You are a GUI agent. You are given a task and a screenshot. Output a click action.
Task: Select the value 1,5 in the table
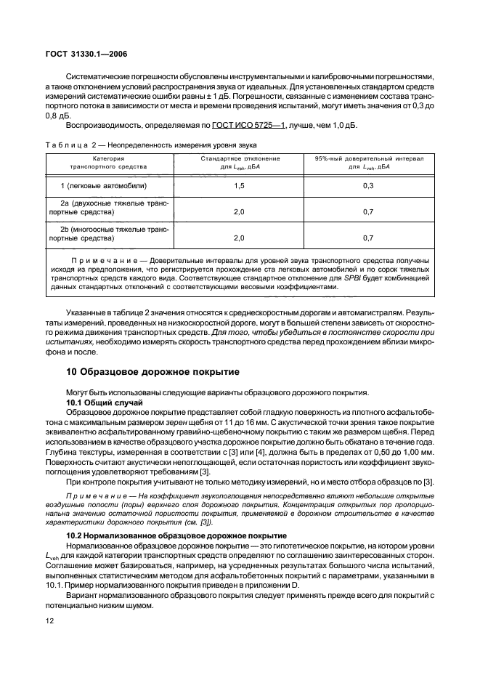point(237,186)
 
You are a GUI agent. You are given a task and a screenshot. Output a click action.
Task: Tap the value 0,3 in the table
point(368,186)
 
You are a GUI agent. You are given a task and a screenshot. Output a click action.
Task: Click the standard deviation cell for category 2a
point(237,211)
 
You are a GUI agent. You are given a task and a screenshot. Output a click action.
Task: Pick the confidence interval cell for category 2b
point(368,237)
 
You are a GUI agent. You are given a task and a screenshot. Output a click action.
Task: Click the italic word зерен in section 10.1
point(192,421)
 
